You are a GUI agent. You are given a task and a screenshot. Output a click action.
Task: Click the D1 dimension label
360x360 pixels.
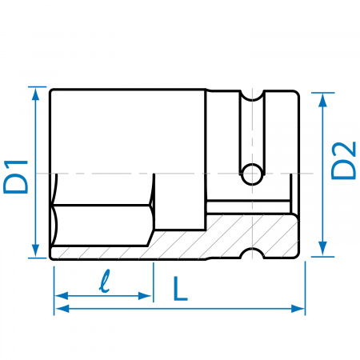pyautogui.click(x=15, y=177)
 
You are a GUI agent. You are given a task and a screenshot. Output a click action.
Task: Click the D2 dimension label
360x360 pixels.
pyautogui.click(x=343, y=161)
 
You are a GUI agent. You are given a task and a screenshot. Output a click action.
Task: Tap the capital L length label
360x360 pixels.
pyautogui.click(x=180, y=289)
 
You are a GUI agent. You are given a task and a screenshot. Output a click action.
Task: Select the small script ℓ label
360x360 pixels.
pyautogui.click(x=104, y=281)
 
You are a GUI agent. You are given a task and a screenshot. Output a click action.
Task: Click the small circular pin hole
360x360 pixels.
pyautogui.click(x=252, y=174)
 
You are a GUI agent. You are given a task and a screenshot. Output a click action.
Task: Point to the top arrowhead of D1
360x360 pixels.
pyautogui.click(x=35, y=94)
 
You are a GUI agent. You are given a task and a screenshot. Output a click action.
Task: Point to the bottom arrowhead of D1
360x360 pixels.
pyautogui.click(x=35, y=251)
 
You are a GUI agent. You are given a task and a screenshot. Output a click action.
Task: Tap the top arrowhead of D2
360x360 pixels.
pyautogui.click(x=322, y=100)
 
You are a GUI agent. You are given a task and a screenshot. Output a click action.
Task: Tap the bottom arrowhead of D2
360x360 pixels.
pyautogui.click(x=322, y=250)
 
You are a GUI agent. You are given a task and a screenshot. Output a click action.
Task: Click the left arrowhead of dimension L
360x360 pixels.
pyautogui.click(x=62, y=309)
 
